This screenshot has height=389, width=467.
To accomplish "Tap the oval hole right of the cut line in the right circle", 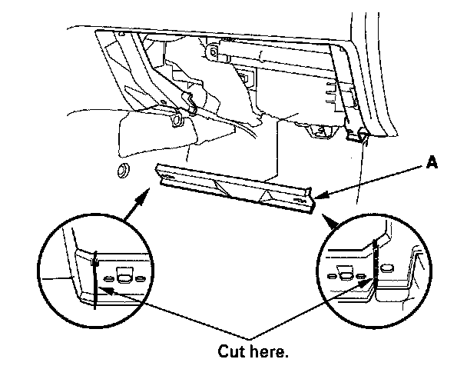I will (388, 268).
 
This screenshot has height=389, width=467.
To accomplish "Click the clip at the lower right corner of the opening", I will (359, 138).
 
